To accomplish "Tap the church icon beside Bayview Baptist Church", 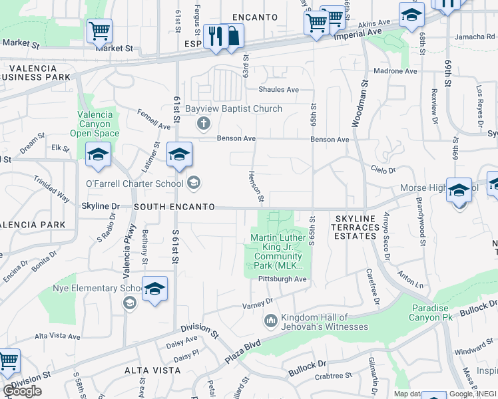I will tap(204, 123).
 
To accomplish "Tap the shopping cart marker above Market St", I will tap(99, 30).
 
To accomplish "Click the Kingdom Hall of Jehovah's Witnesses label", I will tap(324, 322).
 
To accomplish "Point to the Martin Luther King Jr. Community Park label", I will tap(278, 252).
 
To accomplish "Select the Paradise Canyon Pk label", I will tap(440, 313).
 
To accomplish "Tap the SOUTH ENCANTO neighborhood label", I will tap(174, 207).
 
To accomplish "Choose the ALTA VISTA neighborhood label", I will tap(152, 370).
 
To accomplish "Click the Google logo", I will tap(22, 391).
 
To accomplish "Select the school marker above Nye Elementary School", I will tap(154, 289).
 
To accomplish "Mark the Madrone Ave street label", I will tap(395, 70).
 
